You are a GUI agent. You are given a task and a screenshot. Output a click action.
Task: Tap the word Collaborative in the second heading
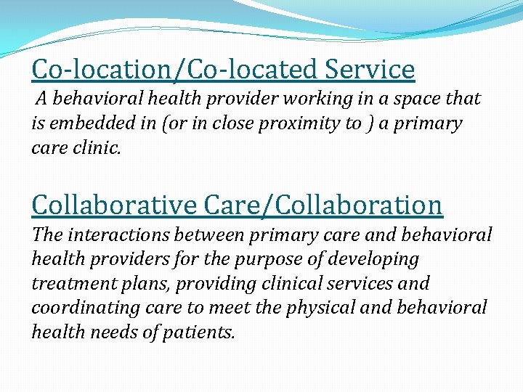point(113,205)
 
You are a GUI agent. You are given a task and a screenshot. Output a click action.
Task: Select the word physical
point(315,308)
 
